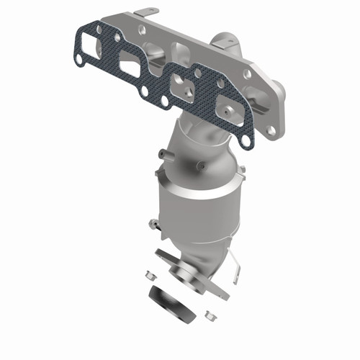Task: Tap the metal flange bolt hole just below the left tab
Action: pos(143,30)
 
